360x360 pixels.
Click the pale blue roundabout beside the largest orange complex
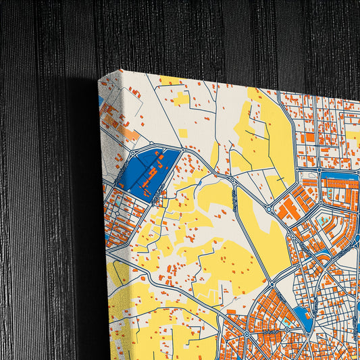pyautogui.click(x=270, y=210)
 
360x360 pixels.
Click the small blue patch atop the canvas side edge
pyautogui.click(x=101, y=101)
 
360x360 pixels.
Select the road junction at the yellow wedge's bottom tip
pyautogui.click(x=276, y=280)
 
